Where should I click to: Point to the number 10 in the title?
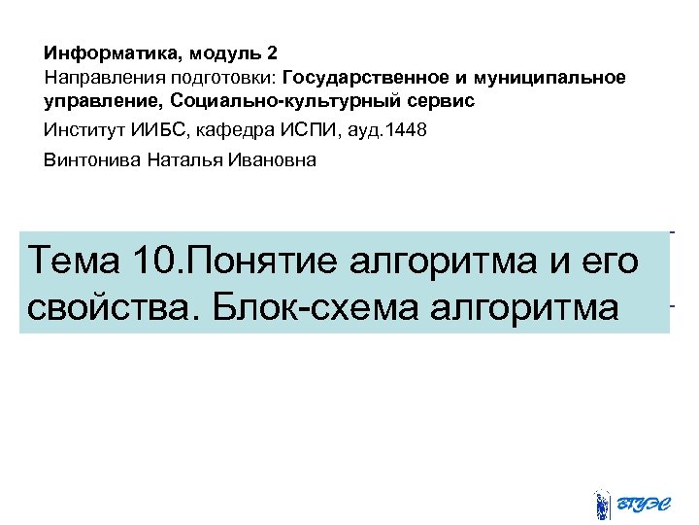[x=156, y=261]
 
